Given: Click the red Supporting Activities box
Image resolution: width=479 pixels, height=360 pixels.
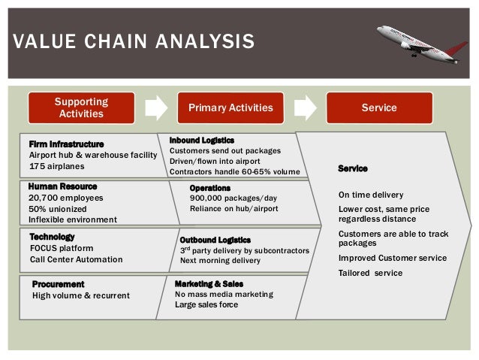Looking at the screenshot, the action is coord(81,107).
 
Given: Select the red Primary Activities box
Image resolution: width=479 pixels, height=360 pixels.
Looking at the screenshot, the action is coord(230,107).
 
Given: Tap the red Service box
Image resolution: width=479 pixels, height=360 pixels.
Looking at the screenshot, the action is coord(379,107).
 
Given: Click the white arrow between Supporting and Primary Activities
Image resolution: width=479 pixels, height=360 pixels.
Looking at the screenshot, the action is coord(155,107).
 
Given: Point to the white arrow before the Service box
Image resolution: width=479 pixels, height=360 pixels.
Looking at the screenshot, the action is coord(305,107).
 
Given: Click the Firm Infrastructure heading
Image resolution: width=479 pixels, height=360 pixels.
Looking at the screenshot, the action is coord(66,144).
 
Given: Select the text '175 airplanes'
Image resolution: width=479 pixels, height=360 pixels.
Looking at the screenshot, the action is coord(57,166).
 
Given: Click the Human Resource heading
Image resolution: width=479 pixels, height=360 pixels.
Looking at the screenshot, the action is coord(62,186).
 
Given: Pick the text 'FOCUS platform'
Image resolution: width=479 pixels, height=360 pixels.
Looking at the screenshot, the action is coord(62,248).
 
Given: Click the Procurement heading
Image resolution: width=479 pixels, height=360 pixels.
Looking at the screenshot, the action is coord(58,284).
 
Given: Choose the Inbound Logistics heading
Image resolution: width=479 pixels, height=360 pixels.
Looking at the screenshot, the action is coord(202,141).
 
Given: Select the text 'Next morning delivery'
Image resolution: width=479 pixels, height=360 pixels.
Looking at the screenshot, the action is coord(220,261).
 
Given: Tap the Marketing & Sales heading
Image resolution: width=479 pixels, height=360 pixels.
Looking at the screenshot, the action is coord(209,284).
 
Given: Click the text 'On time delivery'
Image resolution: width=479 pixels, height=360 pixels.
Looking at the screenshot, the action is coord(371,195).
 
